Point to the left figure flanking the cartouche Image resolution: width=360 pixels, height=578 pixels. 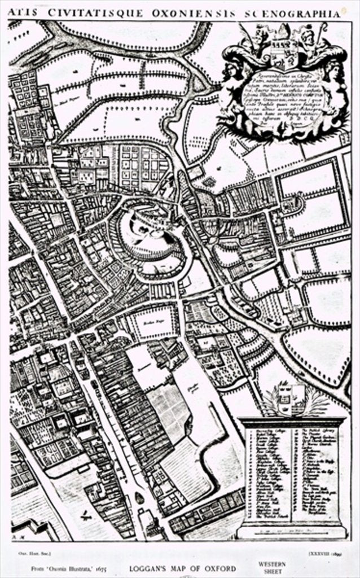point(231,85)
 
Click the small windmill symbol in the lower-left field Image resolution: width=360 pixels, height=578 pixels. point(85,515)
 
